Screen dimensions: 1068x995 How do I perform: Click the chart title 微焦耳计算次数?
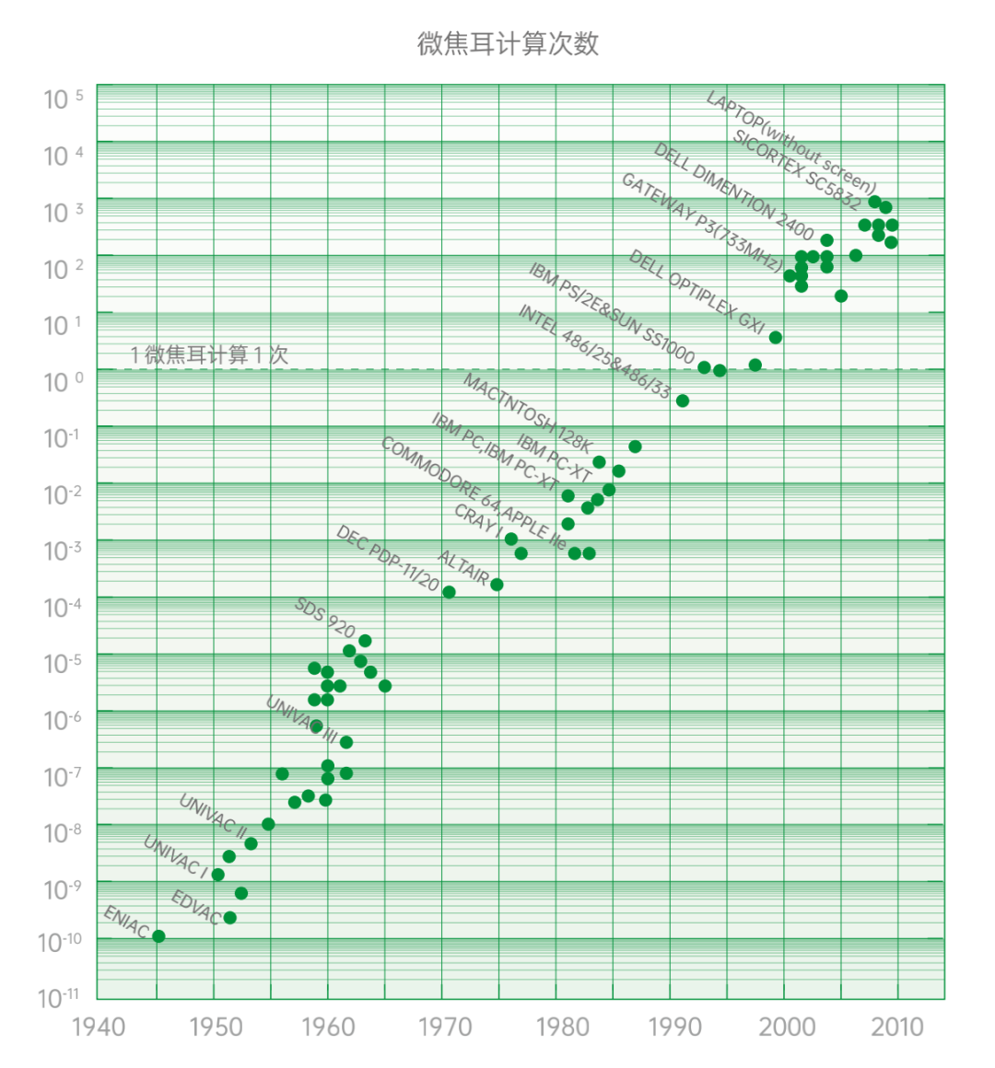point(508,43)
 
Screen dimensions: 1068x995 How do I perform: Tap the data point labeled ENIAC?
point(158,936)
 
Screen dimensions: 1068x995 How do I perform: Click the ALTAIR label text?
point(462,567)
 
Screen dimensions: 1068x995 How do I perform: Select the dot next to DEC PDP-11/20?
point(449,592)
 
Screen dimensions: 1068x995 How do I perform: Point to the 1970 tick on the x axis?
point(444,1027)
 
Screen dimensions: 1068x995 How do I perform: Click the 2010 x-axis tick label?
point(898,1027)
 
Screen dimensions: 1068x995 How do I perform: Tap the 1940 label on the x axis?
point(99,1027)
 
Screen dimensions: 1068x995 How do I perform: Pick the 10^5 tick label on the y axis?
point(63,99)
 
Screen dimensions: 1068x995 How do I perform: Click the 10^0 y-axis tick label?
point(63,381)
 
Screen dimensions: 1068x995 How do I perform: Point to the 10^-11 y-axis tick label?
point(59,998)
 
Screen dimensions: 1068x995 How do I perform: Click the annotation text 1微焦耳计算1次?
point(209,354)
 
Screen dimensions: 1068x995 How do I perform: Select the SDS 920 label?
point(325,618)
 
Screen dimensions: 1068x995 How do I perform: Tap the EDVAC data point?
point(229,918)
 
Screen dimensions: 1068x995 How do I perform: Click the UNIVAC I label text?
point(176,855)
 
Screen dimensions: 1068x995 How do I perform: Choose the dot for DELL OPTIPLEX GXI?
point(775,338)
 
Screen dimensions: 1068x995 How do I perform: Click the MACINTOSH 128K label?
point(527,413)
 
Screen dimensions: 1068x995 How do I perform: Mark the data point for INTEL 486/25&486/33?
point(682,400)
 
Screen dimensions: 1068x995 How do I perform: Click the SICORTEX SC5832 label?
point(797,169)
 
